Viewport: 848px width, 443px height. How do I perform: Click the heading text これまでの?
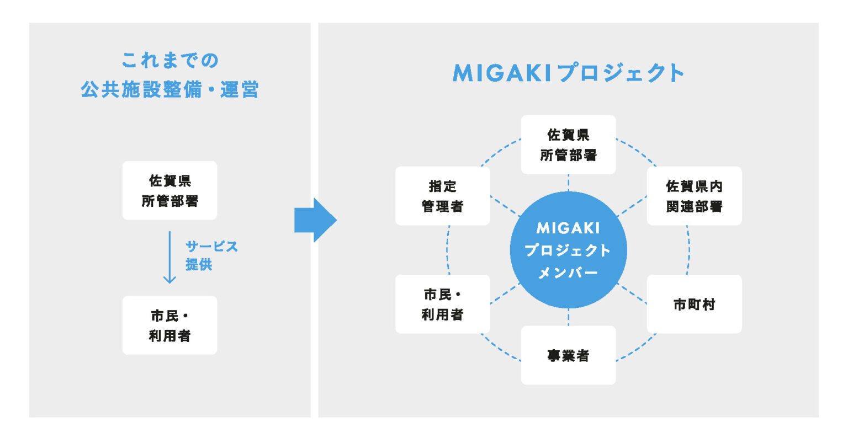click(170, 61)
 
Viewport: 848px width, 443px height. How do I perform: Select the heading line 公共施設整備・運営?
click(170, 89)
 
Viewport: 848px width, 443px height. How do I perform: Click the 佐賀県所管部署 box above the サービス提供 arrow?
click(169, 190)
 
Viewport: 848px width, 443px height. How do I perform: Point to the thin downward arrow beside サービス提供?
click(169, 257)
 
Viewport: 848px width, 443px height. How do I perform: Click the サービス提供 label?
click(211, 255)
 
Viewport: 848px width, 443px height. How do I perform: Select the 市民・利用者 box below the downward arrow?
click(169, 325)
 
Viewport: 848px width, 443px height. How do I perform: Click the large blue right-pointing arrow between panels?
click(315, 220)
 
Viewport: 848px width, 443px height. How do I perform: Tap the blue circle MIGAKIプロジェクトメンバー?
click(568, 250)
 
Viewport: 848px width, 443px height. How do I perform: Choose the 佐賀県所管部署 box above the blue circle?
click(568, 145)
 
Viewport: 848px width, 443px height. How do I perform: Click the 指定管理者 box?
click(442, 196)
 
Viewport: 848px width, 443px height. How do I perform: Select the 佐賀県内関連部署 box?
click(694, 196)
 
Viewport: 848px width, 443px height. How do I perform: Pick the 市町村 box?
click(694, 304)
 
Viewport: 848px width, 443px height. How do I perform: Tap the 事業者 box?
click(568, 355)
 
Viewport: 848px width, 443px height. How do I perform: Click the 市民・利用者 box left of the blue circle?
click(442, 304)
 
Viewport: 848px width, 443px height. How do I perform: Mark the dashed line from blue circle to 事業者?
click(568, 317)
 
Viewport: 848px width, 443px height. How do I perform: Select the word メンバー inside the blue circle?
click(568, 273)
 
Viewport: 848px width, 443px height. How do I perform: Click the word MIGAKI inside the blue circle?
click(568, 227)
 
